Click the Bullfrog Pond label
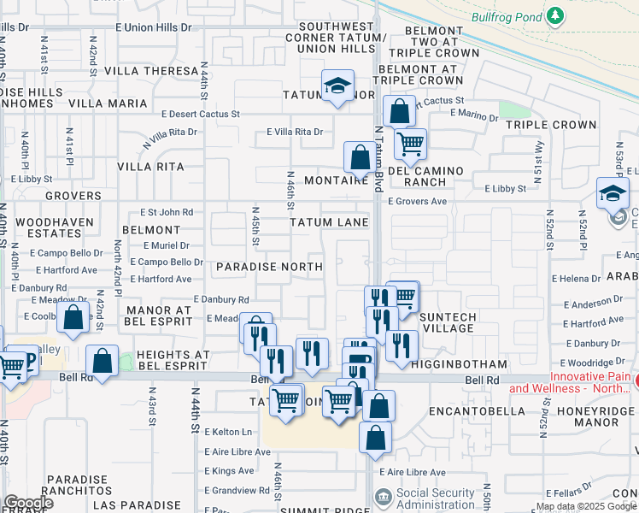506,16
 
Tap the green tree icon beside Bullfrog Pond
556,16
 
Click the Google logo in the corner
28,504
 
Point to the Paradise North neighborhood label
269,267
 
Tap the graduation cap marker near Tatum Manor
338,86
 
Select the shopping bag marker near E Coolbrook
74,316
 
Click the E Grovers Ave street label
417,202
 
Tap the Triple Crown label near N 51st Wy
550,125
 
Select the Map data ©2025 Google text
586,506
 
